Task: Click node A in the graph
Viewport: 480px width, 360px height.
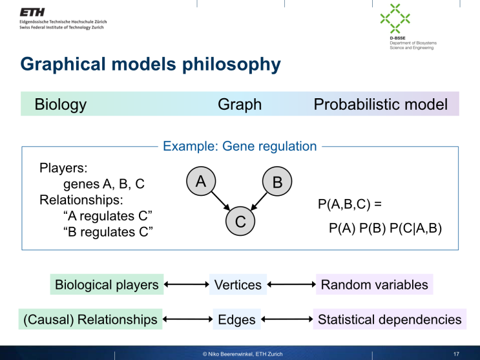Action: point(201,182)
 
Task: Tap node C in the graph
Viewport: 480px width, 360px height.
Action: point(240,222)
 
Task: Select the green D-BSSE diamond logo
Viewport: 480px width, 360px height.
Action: point(395,19)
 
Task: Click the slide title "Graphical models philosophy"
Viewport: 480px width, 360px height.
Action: point(151,65)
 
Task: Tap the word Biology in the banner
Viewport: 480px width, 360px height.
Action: point(61,104)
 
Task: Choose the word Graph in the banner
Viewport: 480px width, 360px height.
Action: point(240,104)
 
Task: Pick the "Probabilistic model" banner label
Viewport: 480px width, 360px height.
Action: point(381,104)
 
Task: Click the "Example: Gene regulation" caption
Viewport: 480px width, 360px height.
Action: point(240,146)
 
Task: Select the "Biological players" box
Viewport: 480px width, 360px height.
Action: point(107,284)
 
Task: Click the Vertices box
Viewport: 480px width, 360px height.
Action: point(238,284)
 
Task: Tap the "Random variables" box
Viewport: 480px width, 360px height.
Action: point(374,284)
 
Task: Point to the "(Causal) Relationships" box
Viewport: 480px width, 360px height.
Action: point(90,319)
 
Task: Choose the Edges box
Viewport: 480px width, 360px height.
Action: point(237,319)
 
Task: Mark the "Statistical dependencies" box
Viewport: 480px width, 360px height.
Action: point(390,319)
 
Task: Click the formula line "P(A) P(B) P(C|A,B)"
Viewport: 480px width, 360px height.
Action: point(385,228)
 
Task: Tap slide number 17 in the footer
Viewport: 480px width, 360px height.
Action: point(456,354)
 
